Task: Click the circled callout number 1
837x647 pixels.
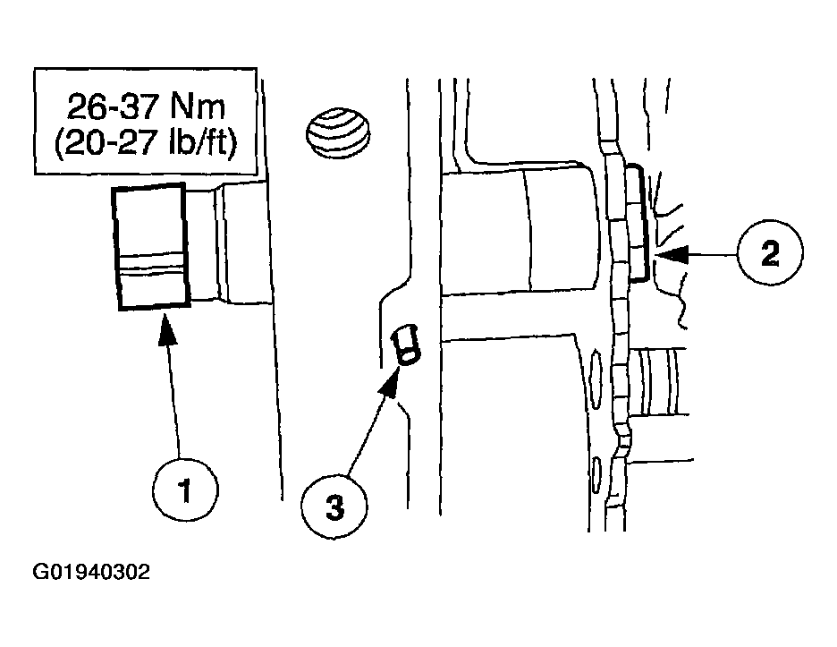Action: pyautogui.click(x=185, y=489)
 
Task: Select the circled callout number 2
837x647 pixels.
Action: pyautogui.click(x=770, y=253)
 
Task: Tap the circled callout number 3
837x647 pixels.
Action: pyautogui.click(x=334, y=506)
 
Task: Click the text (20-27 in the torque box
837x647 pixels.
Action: pyautogui.click(x=107, y=142)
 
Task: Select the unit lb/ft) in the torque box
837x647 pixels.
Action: pyautogui.click(x=203, y=142)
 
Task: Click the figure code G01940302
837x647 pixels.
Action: pyautogui.click(x=91, y=572)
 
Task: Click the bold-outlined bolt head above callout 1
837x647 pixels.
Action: pyautogui.click(x=151, y=246)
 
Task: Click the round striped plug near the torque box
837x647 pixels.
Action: pyautogui.click(x=338, y=132)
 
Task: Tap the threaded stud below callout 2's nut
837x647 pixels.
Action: pyautogui.click(x=657, y=381)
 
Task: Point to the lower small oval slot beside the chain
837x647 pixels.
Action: pyautogui.click(x=596, y=473)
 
